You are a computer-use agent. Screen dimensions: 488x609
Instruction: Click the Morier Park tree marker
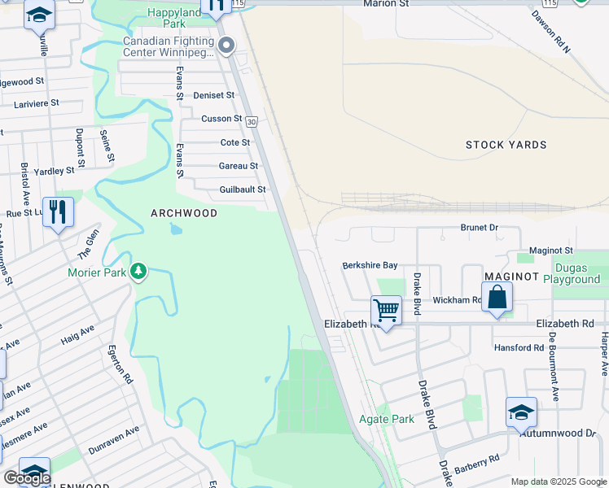[139, 271]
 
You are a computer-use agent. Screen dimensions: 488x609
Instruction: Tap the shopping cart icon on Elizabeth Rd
[386, 309]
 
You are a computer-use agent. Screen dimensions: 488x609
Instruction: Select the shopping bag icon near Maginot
[497, 297]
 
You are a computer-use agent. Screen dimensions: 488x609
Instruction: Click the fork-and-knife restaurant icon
[58, 212]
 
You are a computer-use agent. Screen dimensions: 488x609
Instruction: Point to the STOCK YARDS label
[506, 145]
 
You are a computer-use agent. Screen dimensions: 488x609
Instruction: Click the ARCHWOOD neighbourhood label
[184, 213]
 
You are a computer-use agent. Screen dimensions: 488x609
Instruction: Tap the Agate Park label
[387, 419]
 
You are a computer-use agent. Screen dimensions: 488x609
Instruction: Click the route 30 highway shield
[252, 122]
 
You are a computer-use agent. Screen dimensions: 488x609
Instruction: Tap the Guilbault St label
[243, 190]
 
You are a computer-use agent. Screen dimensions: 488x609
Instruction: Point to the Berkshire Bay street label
[370, 265]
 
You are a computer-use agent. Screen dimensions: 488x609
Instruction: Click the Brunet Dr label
[479, 228]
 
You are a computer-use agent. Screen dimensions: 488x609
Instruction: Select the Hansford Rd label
[519, 347]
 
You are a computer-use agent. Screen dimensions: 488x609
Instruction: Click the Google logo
[27, 477]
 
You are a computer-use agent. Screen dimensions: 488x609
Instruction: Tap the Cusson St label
[221, 119]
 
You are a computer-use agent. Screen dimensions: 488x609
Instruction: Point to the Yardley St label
[55, 171]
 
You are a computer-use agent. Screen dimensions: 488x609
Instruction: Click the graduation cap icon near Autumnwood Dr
[520, 412]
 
